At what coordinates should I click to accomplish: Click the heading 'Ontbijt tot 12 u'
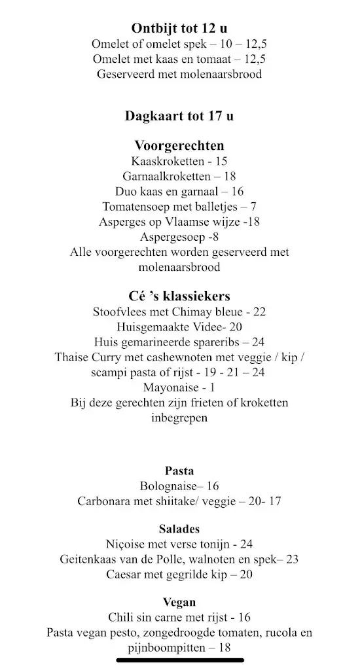pos(179,28)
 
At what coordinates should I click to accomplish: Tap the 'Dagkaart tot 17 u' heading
pos(179,116)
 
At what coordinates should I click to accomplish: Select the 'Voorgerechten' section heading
pos(179,145)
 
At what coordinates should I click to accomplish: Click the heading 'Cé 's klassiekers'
pos(179,296)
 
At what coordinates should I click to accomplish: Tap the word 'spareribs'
pos(214,342)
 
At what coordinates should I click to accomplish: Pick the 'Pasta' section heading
pos(179,471)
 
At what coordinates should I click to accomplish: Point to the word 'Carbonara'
pos(105,501)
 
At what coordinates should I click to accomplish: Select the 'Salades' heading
pos(179,529)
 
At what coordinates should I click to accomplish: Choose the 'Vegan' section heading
pos(179,602)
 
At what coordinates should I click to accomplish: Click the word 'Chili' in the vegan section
pos(120,617)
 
